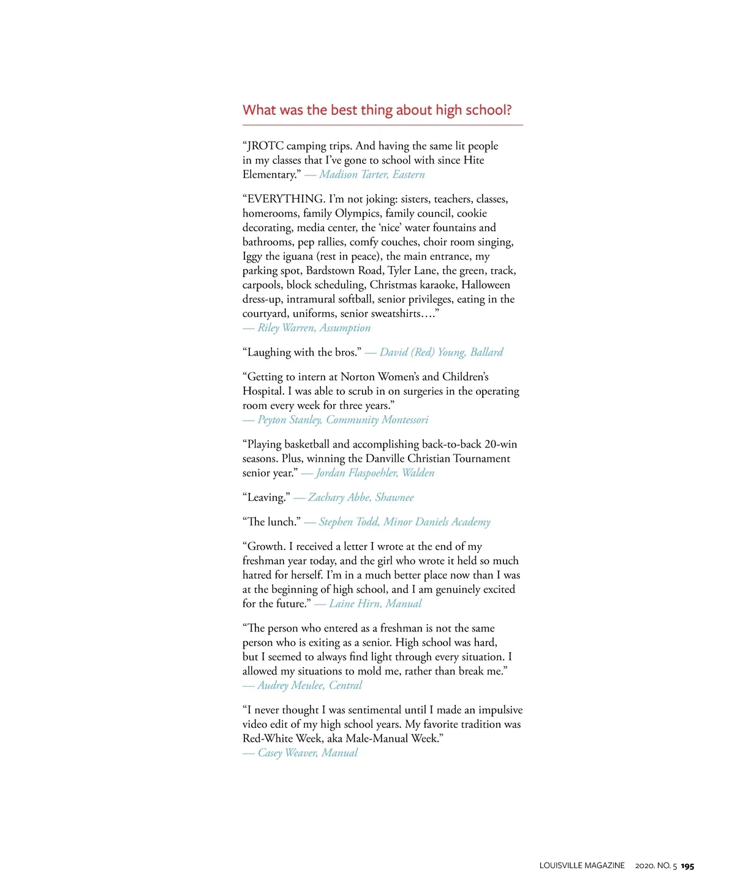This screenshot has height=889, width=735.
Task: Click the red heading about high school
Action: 377,110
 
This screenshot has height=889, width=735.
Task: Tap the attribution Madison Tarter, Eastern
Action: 372,175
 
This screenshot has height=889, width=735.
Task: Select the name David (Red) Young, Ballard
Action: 441,353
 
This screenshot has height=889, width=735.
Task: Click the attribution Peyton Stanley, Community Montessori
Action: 342,420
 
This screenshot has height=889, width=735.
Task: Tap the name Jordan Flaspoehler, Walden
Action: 375,473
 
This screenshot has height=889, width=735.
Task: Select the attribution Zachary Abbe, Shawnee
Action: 361,498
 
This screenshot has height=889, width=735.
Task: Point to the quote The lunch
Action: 271,522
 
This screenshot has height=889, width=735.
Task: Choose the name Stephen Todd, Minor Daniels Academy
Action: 404,522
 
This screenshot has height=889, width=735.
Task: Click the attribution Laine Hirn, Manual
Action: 375,604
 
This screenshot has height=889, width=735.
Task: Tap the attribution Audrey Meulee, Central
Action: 309,685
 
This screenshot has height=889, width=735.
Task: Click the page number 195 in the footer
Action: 687,866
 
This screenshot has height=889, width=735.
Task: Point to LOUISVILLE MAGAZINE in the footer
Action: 582,866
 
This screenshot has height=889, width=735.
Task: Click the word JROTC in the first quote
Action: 265,146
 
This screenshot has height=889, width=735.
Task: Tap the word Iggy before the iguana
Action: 252,256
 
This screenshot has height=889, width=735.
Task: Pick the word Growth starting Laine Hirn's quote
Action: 266,547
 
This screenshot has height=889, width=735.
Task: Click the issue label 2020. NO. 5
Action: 656,866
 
